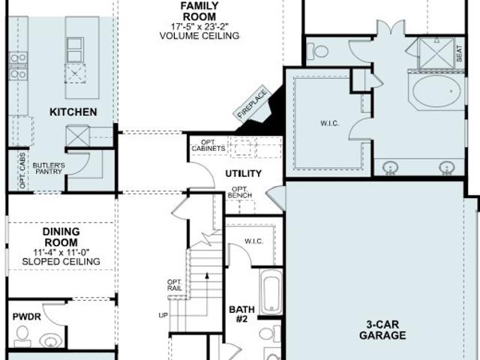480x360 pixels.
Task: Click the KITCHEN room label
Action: coord(73,112)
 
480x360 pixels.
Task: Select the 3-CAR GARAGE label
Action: coord(382,330)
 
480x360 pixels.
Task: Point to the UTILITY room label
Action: coord(243,173)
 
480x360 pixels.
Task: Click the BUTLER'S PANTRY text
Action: coord(49,168)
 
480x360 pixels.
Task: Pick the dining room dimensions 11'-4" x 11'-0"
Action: coord(61,253)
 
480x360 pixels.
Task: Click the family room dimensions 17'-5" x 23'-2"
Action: coord(199,26)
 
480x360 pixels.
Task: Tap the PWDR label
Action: coord(27,316)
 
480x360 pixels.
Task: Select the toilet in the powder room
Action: coord(22,336)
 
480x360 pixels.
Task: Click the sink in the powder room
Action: coord(50,340)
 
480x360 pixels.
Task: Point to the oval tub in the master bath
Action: coord(436,91)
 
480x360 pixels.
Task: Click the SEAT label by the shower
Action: coord(459,53)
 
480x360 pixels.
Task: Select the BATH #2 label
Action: coord(241,314)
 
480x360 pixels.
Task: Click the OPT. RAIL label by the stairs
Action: coord(175,285)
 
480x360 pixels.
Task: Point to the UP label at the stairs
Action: coord(163,315)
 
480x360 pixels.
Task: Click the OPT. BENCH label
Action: coord(240,192)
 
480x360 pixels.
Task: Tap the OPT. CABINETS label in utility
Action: coord(208,145)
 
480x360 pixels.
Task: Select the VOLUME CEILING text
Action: coord(199,36)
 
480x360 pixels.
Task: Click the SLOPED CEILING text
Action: coord(61,262)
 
